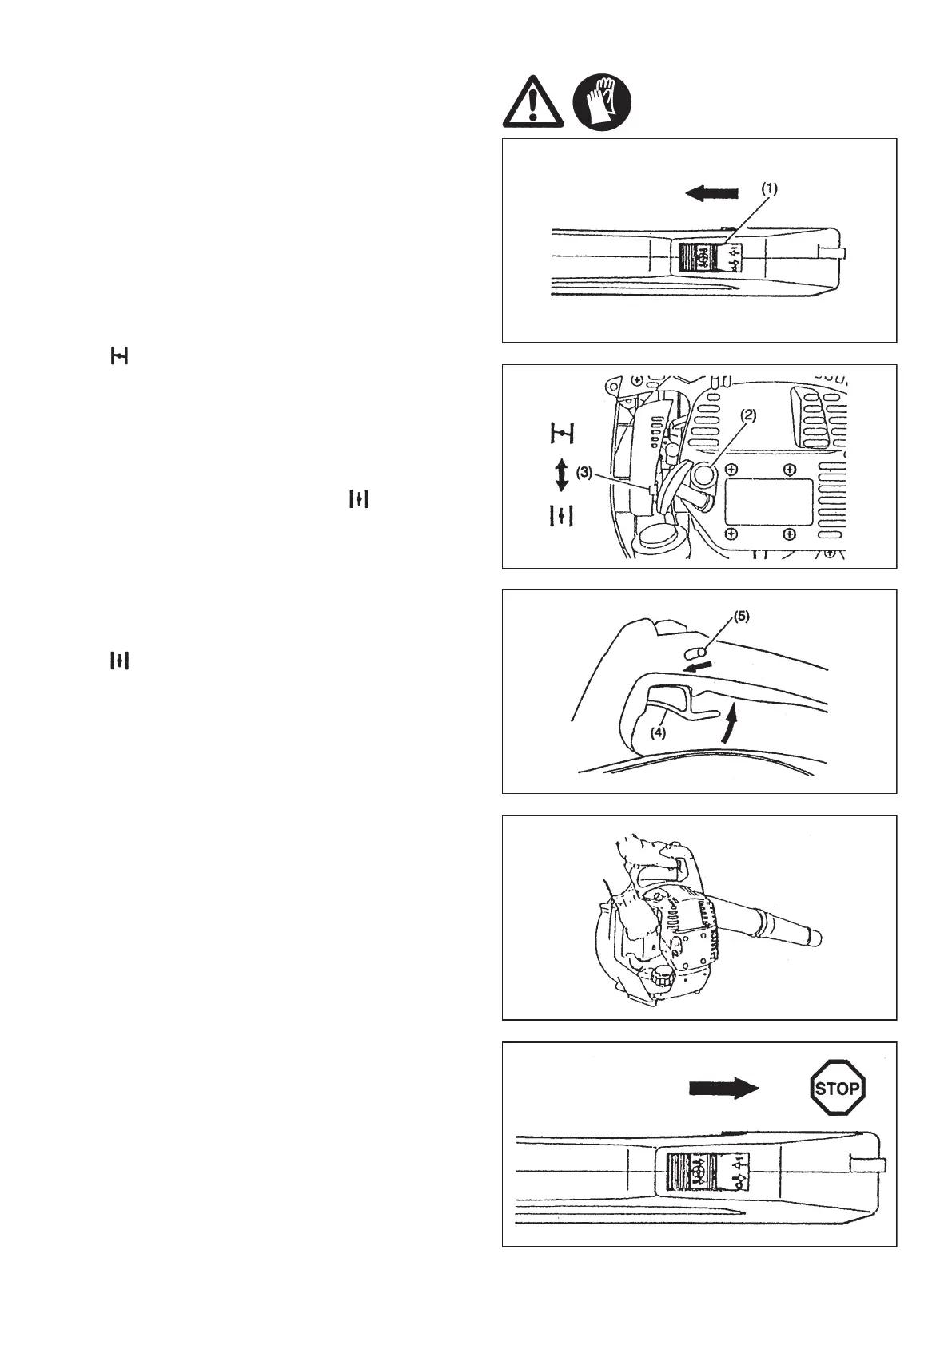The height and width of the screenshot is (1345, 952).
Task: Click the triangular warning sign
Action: pos(533,103)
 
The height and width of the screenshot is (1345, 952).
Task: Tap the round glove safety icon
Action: pos(602,103)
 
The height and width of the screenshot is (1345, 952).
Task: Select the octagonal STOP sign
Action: pos(837,1087)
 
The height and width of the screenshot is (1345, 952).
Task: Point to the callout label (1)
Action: pos(768,189)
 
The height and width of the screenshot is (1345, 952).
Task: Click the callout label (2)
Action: pos(747,415)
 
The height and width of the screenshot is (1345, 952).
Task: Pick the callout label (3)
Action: pos(584,472)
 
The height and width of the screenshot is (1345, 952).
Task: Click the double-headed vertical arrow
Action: pos(561,474)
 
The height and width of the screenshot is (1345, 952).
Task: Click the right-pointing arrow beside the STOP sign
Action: pos(723,1087)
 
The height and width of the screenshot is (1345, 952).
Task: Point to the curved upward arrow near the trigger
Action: pos(727,724)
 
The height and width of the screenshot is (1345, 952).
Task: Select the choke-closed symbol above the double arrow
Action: pos(563,434)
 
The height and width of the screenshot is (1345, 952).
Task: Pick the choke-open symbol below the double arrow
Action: pos(563,516)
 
